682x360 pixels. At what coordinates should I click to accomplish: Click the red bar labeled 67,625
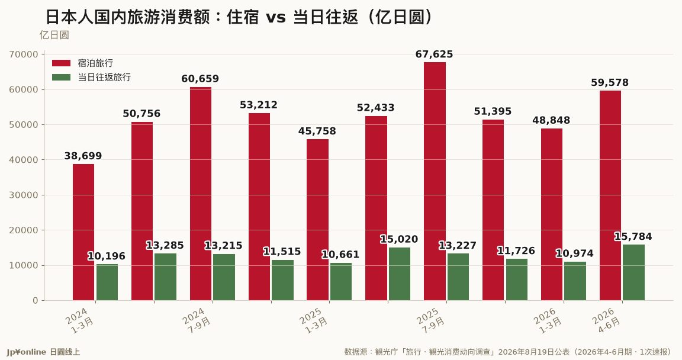pyautogui.click(x=435, y=181)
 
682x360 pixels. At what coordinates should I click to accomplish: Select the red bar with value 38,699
pyautogui.click(x=83, y=232)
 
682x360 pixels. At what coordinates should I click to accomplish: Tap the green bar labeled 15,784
pyautogui.click(x=633, y=272)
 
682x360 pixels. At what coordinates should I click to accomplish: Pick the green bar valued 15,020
pyautogui.click(x=400, y=274)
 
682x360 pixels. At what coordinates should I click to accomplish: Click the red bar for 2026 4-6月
pyautogui.click(x=610, y=195)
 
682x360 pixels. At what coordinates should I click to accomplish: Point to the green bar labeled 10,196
pyautogui.click(x=107, y=282)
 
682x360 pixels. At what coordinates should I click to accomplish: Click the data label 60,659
pyautogui.click(x=200, y=79)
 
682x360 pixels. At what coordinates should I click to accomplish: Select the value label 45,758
pyautogui.click(x=317, y=131)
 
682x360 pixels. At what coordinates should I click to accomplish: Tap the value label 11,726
pyautogui.click(x=516, y=251)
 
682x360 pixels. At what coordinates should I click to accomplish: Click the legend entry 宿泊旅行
pyautogui.click(x=83, y=63)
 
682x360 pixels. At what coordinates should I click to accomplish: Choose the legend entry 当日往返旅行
pyautogui.click(x=91, y=78)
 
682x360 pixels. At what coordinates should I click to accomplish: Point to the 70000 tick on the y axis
pyautogui.click(x=24, y=54)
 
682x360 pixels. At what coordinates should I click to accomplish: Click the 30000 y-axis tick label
pyautogui.click(x=24, y=195)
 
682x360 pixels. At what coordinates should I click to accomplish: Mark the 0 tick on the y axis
pyautogui.click(x=36, y=301)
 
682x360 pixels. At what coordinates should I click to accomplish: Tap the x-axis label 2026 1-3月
pyautogui.click(x=548, y=321)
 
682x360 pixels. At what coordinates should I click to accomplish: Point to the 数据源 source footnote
pyautogui.click(x=507, y=352)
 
